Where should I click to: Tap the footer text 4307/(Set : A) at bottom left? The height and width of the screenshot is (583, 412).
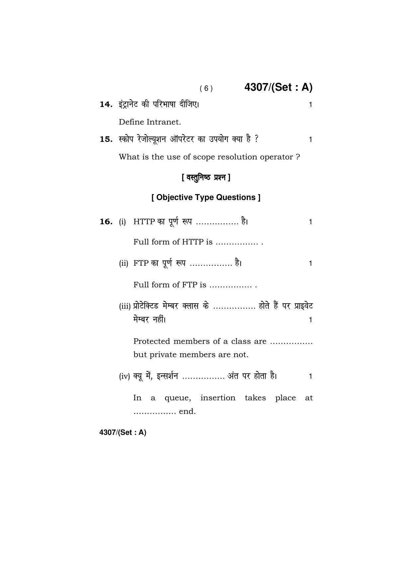123,433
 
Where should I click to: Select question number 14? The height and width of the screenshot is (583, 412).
106,104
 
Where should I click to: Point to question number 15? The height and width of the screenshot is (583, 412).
106,139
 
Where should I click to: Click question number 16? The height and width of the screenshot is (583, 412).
106,222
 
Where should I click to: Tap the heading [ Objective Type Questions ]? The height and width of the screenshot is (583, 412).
206,197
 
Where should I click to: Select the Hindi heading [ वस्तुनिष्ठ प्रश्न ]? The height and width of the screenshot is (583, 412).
206,177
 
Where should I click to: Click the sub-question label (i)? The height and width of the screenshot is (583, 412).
122,222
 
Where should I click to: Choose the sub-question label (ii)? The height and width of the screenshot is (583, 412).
123,263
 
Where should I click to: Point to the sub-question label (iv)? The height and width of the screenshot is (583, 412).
124,376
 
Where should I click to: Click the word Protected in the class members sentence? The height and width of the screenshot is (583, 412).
152,341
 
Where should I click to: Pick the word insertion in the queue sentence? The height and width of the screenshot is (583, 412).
218,398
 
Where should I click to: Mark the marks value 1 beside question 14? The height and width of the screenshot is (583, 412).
310,105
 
